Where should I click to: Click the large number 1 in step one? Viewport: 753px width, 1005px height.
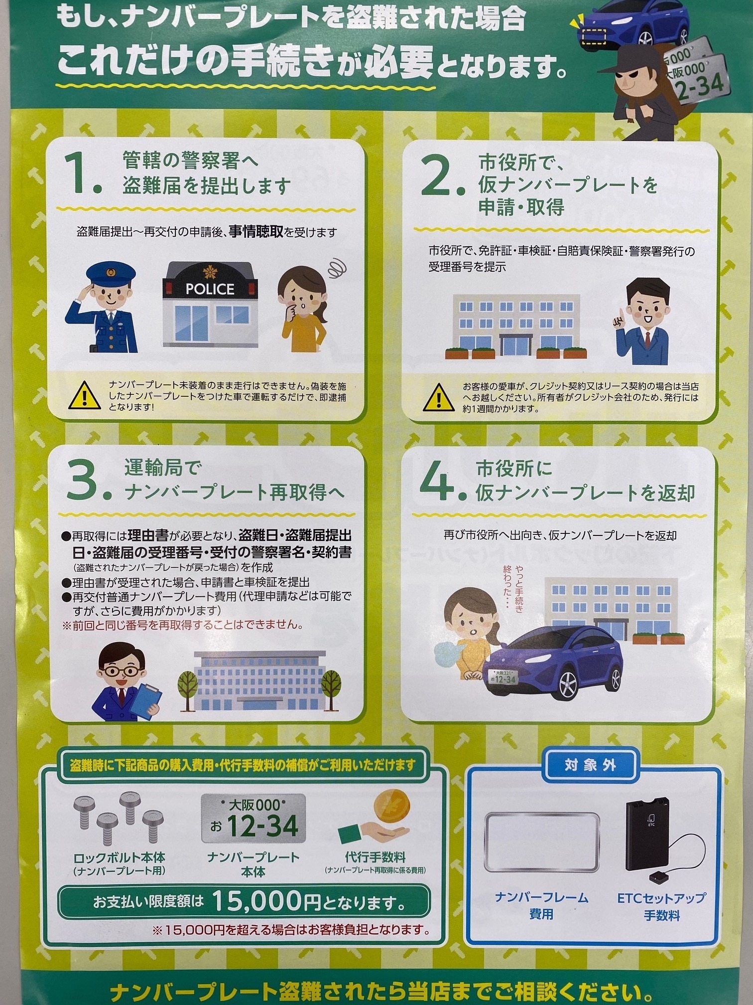pos(81,173)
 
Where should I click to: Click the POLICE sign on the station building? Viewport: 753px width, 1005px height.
pos(210,289)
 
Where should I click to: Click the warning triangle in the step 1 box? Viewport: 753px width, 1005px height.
pos(84,395)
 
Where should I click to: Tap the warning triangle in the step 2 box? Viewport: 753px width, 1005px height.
pos(438,397)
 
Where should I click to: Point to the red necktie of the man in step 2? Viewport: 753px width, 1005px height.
pos(646,340)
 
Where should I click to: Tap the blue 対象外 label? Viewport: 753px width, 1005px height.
pos(590,765)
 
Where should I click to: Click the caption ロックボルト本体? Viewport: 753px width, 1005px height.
pos(119,857)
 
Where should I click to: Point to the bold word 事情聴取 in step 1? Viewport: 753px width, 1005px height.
pos(256,232)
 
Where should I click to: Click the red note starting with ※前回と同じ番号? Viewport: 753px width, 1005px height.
pos(182,625)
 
